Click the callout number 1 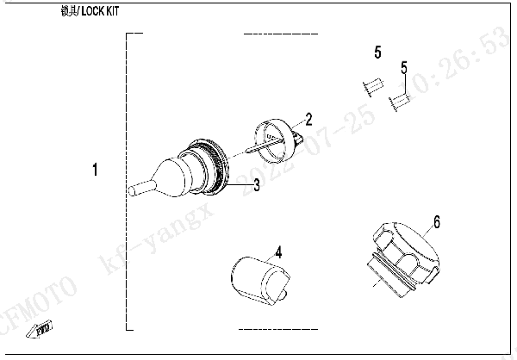click(x=95, y=171)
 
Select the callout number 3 click(x=257, y=184)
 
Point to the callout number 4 click(x=278, y=252)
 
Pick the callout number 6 click(x=437, y=222)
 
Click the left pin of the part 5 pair click(x=371, y=87)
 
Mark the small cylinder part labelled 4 click(x=257, y=276)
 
